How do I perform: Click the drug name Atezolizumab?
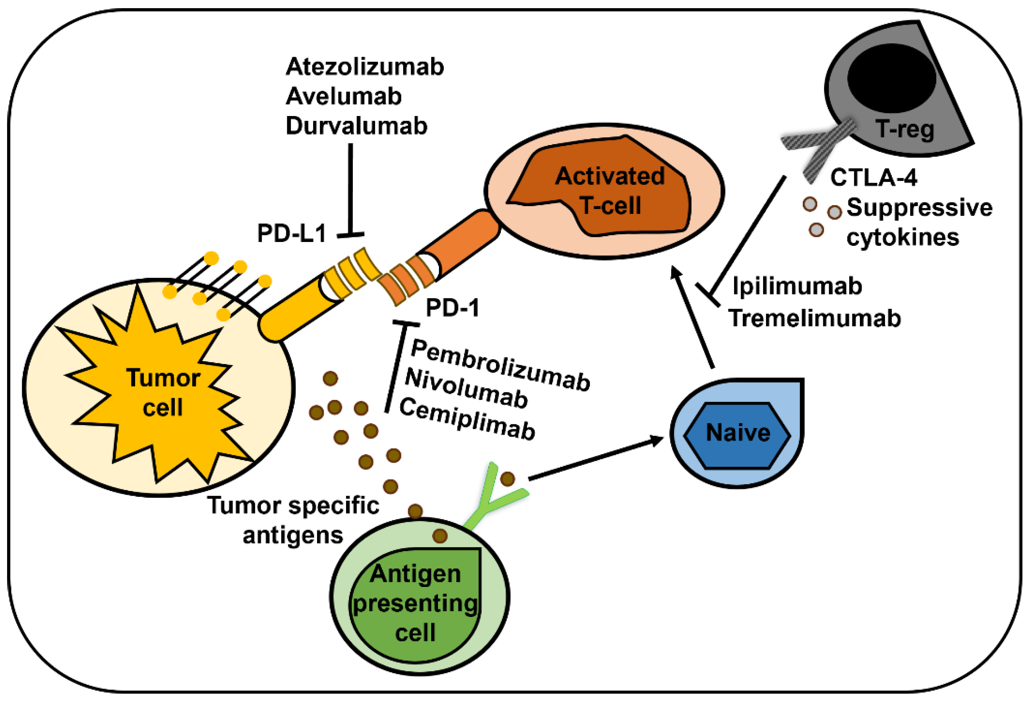[365, 67]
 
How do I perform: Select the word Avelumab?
[344, 97]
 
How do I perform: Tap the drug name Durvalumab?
[356, 126]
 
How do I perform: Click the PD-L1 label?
[292, 233]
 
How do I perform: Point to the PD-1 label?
[452, 308]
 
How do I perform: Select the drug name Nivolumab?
[466, 388]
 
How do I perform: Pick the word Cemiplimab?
[467, 419]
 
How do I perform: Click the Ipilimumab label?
[797, 286]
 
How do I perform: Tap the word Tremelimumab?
[814, 319]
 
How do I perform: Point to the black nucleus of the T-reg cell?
[891, 78]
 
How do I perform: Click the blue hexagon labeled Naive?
[737, 436]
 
